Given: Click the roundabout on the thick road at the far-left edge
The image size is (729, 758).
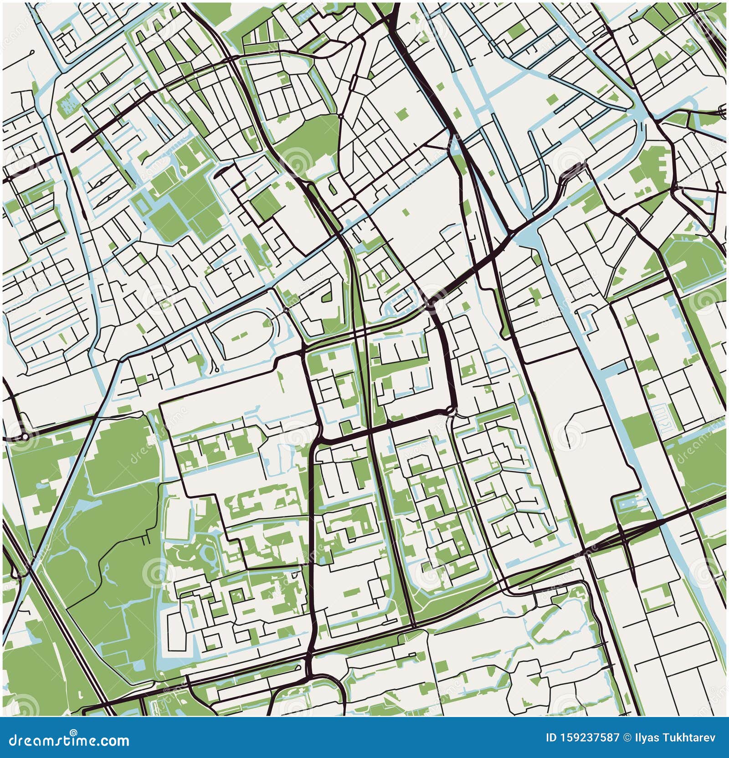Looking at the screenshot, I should click(24, 437).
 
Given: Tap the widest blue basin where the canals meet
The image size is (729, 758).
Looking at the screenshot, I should click(529, 237).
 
